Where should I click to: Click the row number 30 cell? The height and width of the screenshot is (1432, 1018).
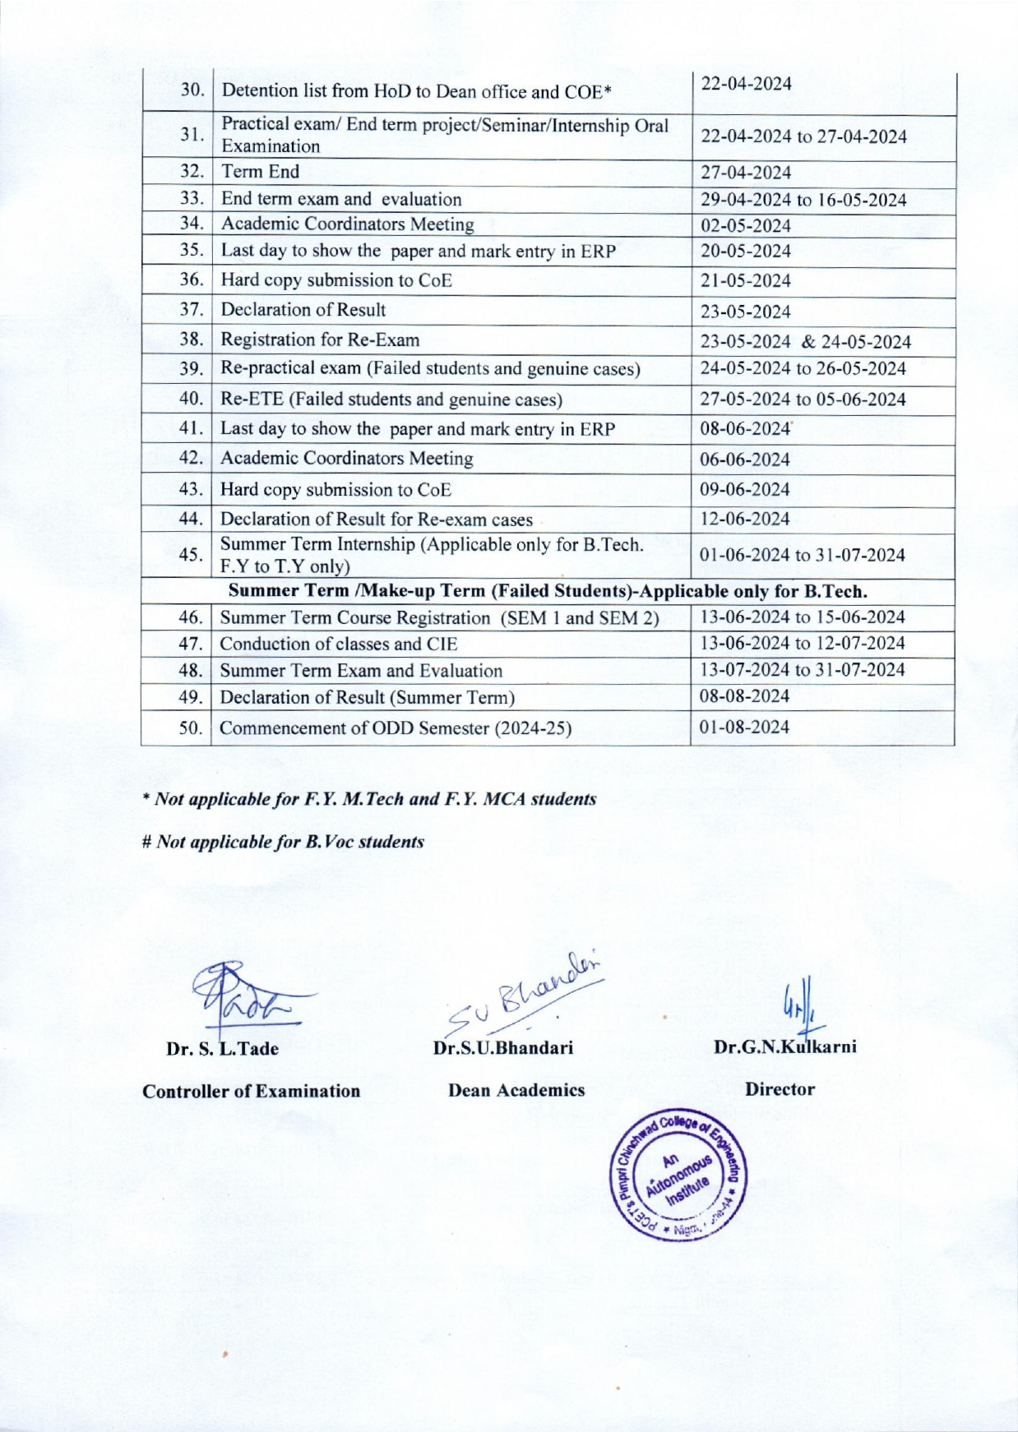click(x=192, y=90)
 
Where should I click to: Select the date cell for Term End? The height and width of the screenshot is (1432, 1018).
click(x=745, y=173)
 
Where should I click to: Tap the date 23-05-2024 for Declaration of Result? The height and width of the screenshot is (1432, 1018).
click(x=745, y=312)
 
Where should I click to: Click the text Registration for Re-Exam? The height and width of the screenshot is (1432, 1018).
click(x=320, y=340)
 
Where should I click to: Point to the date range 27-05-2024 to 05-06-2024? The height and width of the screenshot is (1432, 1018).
click(x=803, y=400)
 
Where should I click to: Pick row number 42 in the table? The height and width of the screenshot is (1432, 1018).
click(x=191, y=458)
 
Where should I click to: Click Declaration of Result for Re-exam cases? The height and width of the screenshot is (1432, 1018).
click(x=377, y=520)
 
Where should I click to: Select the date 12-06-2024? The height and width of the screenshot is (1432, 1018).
click(x=744, y=520)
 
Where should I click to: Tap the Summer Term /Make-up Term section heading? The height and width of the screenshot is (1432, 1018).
click(x=547, y=591)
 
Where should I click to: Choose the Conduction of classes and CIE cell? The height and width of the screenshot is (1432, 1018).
click(x=339, y=644)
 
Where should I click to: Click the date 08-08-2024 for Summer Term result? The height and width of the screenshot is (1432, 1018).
click(x=744, y=696)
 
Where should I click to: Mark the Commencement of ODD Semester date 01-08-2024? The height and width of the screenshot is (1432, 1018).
click(x=744, y=728)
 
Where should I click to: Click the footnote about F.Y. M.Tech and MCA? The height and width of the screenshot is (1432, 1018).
click(x=369, y=799)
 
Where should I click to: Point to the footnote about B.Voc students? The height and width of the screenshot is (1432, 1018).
click(x=284, y=842)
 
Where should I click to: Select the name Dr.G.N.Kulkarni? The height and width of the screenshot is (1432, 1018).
click(x=785, y=1047)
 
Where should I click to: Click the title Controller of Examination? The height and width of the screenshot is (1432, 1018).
click(x=251, y=1091)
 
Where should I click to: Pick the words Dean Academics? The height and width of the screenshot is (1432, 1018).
click(x=516, y=1090)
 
